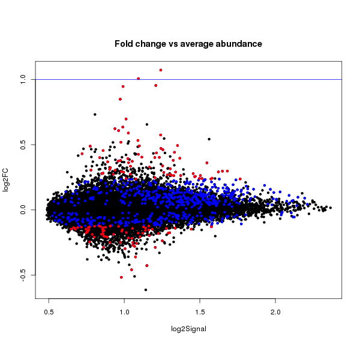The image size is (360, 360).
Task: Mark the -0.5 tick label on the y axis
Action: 21,275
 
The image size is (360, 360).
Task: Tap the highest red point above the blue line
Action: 161,70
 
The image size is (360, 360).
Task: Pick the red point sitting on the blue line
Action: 139,79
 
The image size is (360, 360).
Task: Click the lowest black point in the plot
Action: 146,290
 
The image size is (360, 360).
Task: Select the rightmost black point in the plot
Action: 331,208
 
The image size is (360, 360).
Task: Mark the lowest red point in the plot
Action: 121,277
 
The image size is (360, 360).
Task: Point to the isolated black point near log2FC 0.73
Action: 95,114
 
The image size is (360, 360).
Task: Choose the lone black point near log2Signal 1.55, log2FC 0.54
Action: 209,139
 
